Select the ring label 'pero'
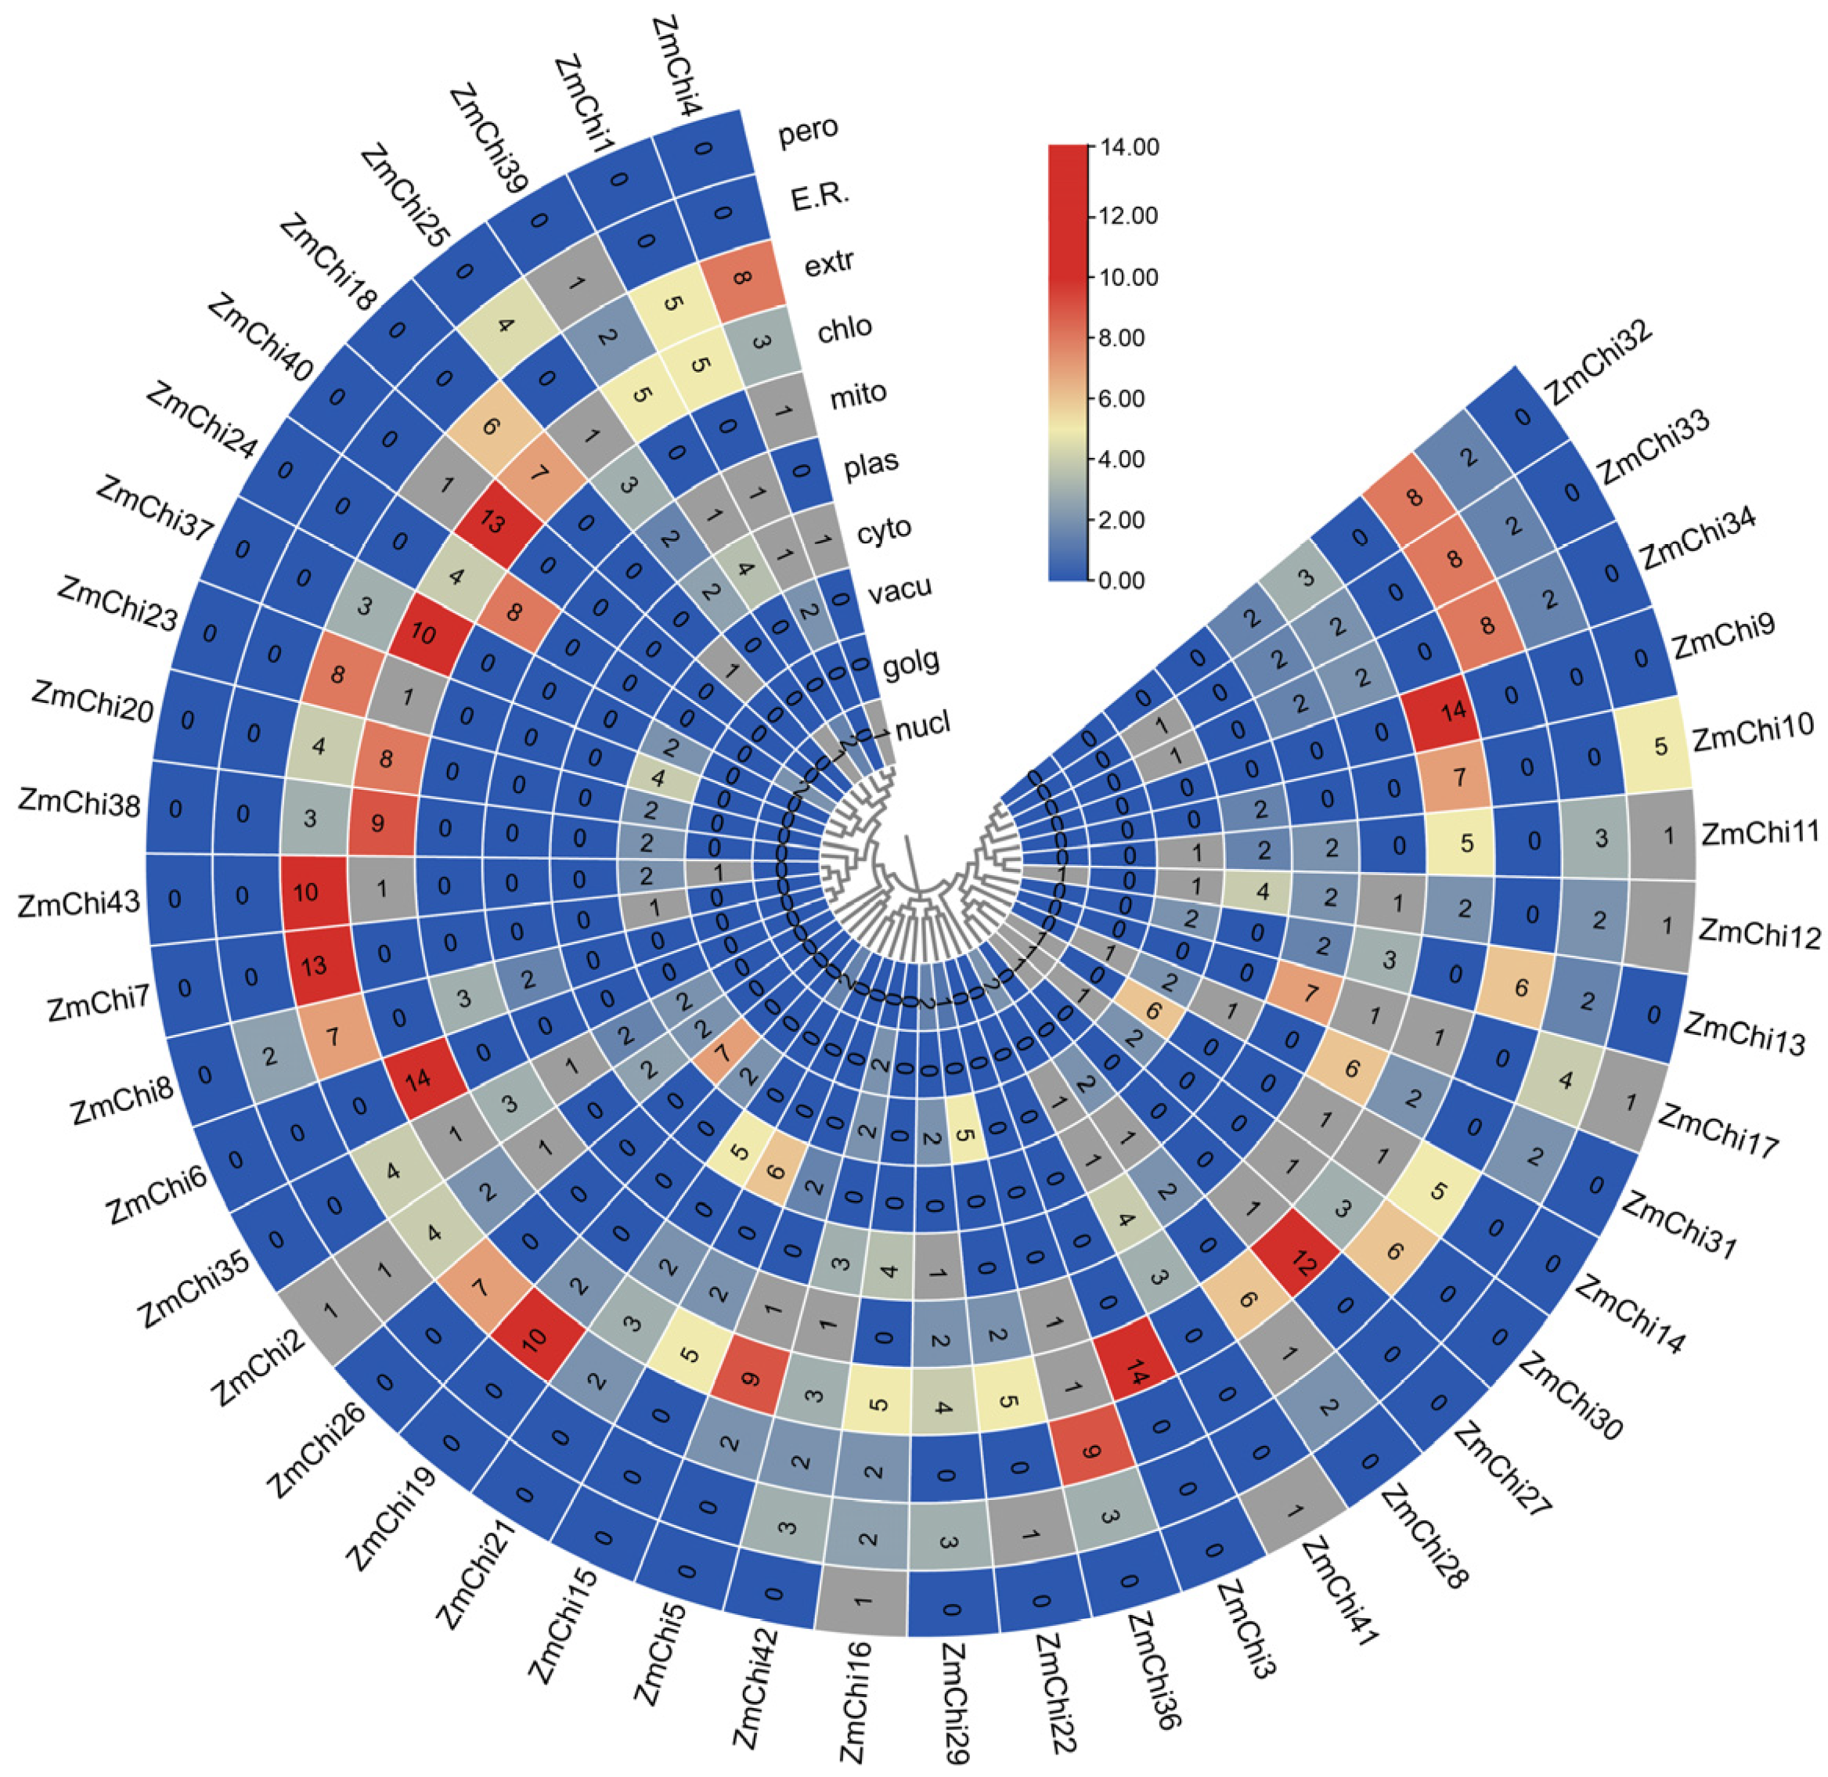click(x=808, y=130)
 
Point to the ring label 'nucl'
click(x=923, y=726)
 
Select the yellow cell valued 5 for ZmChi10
click(x=1660, y=747)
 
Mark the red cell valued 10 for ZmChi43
click(x=306, y=892)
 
